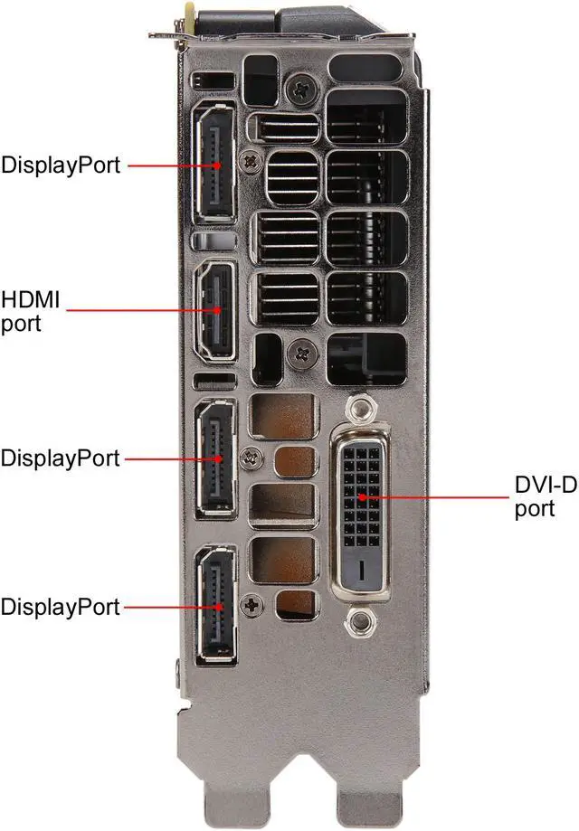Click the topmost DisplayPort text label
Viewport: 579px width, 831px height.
click(x=61, y=165)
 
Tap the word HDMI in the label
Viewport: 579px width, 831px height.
click(x=30, y=299)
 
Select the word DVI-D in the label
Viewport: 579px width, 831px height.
click(x=546, y=485)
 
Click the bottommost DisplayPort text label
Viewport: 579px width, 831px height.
click(x=61, y=608)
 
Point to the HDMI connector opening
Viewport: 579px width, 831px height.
click(x=216, y=311)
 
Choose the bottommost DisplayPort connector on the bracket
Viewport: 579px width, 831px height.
click(x=216, y=605)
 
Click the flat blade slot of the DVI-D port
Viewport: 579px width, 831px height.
click(x=362, y=570)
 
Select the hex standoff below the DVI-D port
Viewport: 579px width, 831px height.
click(x=361, y=620)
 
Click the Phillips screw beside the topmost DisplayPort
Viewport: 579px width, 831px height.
click(x=251, y=161)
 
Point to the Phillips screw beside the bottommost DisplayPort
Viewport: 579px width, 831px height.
click(x=252, y=606)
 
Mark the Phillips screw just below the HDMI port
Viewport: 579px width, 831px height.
click(x=303, y=354)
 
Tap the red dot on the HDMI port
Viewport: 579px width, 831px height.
click(x=216, y=310)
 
